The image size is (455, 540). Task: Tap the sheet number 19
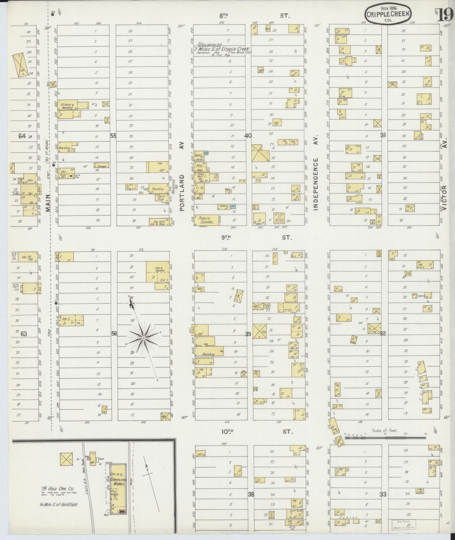pos(447,14)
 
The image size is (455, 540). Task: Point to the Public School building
pos(207,220)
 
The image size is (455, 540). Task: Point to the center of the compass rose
pos(143,338)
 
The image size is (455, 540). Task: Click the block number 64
pos(22,136)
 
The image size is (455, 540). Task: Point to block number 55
pos(113,136)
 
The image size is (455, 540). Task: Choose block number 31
pos(383,135)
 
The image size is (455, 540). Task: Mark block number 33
pos(383,495)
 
